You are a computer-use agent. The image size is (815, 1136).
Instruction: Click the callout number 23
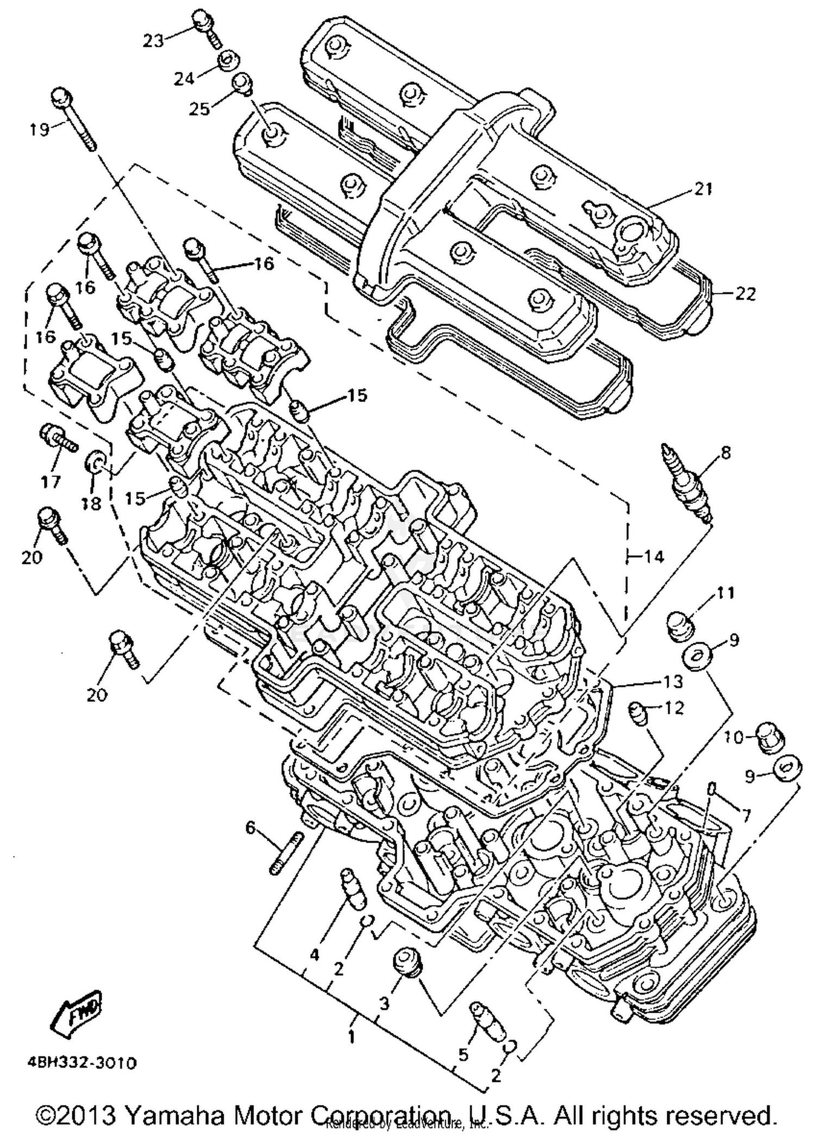pos(153,40)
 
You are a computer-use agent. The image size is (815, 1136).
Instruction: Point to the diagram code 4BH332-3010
pos(80,1062)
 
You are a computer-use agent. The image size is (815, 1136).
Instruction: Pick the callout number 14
pos(654,556)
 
